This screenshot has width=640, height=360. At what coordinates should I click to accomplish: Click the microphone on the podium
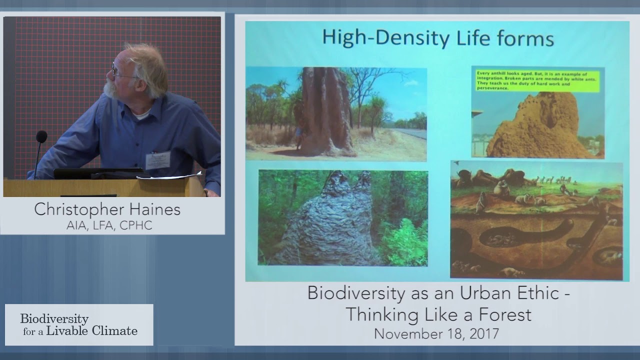41,137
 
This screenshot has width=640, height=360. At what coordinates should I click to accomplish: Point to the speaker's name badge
158,160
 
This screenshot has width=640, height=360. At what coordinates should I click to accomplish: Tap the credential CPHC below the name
135,225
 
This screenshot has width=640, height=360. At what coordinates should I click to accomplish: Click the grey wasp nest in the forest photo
330,220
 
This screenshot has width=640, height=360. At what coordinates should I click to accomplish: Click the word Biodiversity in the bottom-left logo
54,319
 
